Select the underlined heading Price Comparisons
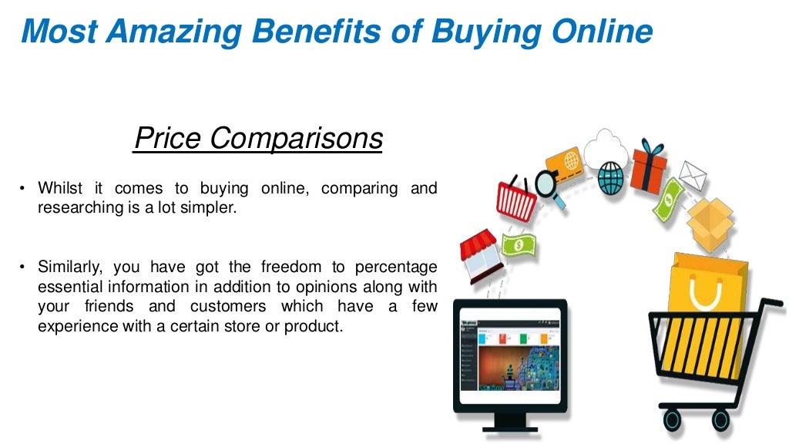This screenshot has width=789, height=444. coord(257,139)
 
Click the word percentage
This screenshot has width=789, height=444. coord(396,267)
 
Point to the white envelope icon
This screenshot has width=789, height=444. coord(692,177)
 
